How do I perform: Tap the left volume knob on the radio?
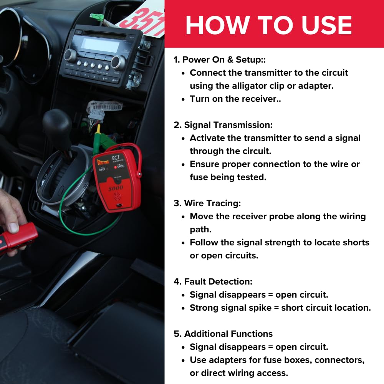(70, 55)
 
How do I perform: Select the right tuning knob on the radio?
(118, 63)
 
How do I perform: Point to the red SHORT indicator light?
(115, 167)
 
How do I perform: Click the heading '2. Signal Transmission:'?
(223, 125)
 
